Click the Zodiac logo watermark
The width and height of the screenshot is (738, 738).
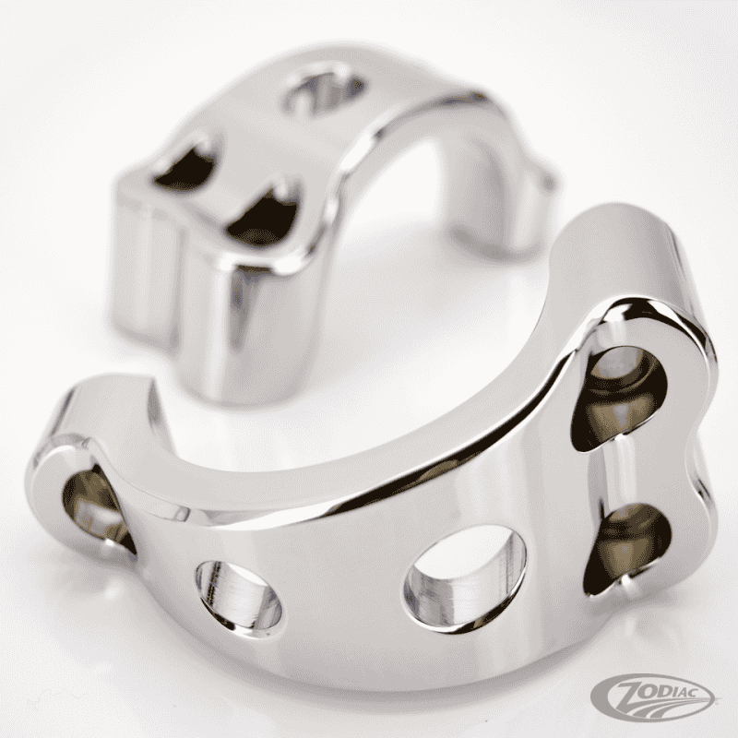(x=653, y=697)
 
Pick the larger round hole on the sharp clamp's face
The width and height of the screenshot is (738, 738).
(x=465, y=579)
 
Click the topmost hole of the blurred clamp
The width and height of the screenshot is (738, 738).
(x=324, y=92)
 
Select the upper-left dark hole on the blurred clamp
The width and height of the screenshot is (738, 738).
(x=187, y=165)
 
